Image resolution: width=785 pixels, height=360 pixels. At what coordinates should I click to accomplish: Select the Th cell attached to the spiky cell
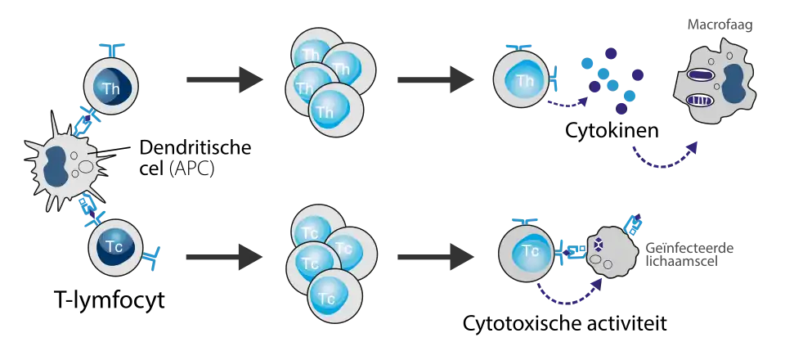tap(110, 85)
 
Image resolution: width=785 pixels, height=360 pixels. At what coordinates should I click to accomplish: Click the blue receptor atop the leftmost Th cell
tap(114, 45)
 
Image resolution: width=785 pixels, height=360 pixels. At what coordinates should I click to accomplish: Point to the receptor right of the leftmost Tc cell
tap(154, 257)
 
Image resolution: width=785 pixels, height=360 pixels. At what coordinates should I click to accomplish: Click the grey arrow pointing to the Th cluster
tap(225, 79)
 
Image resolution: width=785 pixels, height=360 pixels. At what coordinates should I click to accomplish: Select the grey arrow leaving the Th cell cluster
tap(433, 79)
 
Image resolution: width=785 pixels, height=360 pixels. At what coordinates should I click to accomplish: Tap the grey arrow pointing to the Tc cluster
tap(225, 256)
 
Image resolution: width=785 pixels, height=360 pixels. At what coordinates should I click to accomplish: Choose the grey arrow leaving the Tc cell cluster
tap(433, 256)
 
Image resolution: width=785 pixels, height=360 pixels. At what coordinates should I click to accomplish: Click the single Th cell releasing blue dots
tap(520, 81)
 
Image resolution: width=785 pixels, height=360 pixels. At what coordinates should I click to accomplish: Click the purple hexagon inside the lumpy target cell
tap(599, 245)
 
